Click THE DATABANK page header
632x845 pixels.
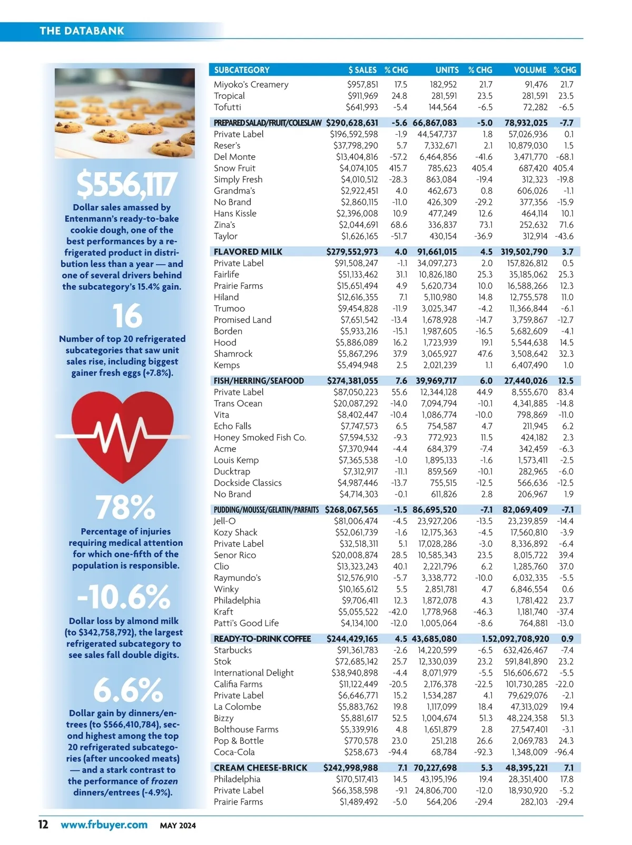coord(82,31)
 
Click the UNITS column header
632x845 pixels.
coord(447,70)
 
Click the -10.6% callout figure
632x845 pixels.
coord(124,597)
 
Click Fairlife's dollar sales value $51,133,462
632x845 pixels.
coord(358,275)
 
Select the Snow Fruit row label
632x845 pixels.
coord(234,168)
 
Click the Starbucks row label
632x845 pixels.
coord(233,650)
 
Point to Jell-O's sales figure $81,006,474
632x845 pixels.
coord(355,521)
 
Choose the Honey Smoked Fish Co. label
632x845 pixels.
coord(260,438)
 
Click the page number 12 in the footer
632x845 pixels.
coord(43,824)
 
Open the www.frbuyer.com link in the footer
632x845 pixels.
coord(104,824)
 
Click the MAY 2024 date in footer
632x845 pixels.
coord(178,826)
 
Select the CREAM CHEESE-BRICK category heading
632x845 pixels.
coord(260,768)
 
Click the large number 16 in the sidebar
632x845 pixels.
coord(127,316)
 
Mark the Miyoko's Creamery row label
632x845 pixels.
coord(251,85)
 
